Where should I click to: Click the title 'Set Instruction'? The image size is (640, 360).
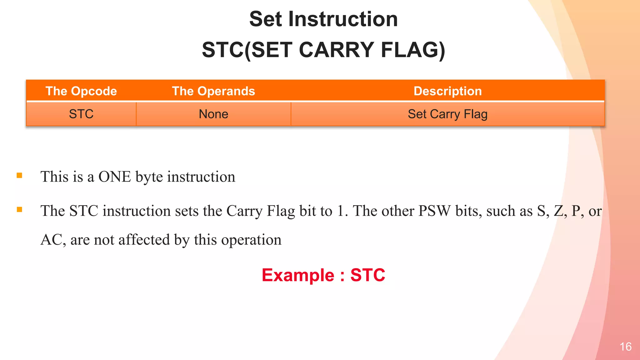(x=323, y=19)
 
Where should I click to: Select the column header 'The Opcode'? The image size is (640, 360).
(x=81, y=91)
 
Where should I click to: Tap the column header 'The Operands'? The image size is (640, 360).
(x=213, y=91)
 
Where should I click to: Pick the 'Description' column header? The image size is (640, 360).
(x=447, y=91)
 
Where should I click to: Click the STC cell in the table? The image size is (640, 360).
(x=81, y=114)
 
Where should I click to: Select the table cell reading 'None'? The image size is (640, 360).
(x=213, y=114)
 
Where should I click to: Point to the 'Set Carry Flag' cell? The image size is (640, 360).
(x=447, y=114)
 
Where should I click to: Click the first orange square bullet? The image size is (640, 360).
(x=19, y=176)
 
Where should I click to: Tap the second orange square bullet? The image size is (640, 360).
(x=19, y=210)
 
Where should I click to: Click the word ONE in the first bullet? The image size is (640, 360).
(x=115, y=177)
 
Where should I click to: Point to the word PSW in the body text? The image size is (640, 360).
(x=435, y=211)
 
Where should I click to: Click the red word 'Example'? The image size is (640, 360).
(x=298, y=275)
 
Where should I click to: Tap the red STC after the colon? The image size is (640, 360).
(x=367, y=275)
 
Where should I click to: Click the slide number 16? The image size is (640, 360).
(x=626, y=347)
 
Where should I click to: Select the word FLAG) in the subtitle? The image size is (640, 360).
(x=412, y=50)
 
